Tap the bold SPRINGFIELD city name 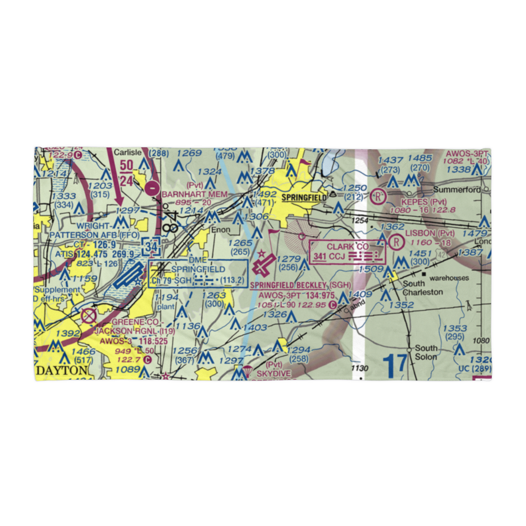tap(304, 198)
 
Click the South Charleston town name tap(422, 288)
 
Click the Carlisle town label tap(129, 153)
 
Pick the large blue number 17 tap(394, 366)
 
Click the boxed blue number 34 tap(152, 246)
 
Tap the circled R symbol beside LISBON tap(396, 241)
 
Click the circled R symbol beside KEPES tap(377, 197)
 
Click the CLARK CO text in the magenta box tap(348, 246)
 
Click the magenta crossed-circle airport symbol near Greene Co tap(89, 316)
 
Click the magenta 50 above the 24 tap(126, 165)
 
